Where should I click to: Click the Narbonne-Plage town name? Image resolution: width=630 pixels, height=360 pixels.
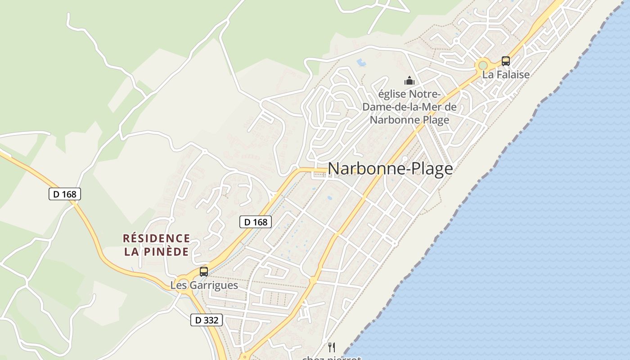coord(390,169)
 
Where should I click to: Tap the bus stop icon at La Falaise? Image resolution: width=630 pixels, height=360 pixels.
coord(506,61)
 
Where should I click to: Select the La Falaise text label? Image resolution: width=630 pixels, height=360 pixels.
coord(506,75)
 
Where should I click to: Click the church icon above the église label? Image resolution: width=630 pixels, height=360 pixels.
coord(409,81)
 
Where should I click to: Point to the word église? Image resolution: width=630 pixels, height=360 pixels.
coord(391,94)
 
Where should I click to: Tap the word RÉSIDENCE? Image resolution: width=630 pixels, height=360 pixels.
coord(157,238)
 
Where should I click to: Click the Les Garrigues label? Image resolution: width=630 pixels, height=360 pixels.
coord(204,285)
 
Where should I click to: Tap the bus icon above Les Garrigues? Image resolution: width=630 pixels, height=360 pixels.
coord(204,272)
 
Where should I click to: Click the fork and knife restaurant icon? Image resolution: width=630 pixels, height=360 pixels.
coord(332,347)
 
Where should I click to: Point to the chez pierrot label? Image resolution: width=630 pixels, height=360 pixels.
coord(332,358)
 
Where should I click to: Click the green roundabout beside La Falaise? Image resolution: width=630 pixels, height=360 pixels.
coord(483,66)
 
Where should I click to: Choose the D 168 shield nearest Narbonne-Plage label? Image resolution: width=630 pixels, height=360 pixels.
coord(255,222)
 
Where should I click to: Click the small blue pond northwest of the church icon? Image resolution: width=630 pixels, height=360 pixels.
coord(361,63)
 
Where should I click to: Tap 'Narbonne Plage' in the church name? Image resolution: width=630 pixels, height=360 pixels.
coord(409,120)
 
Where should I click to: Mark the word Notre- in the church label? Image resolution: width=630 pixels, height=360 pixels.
coord(423,94)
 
